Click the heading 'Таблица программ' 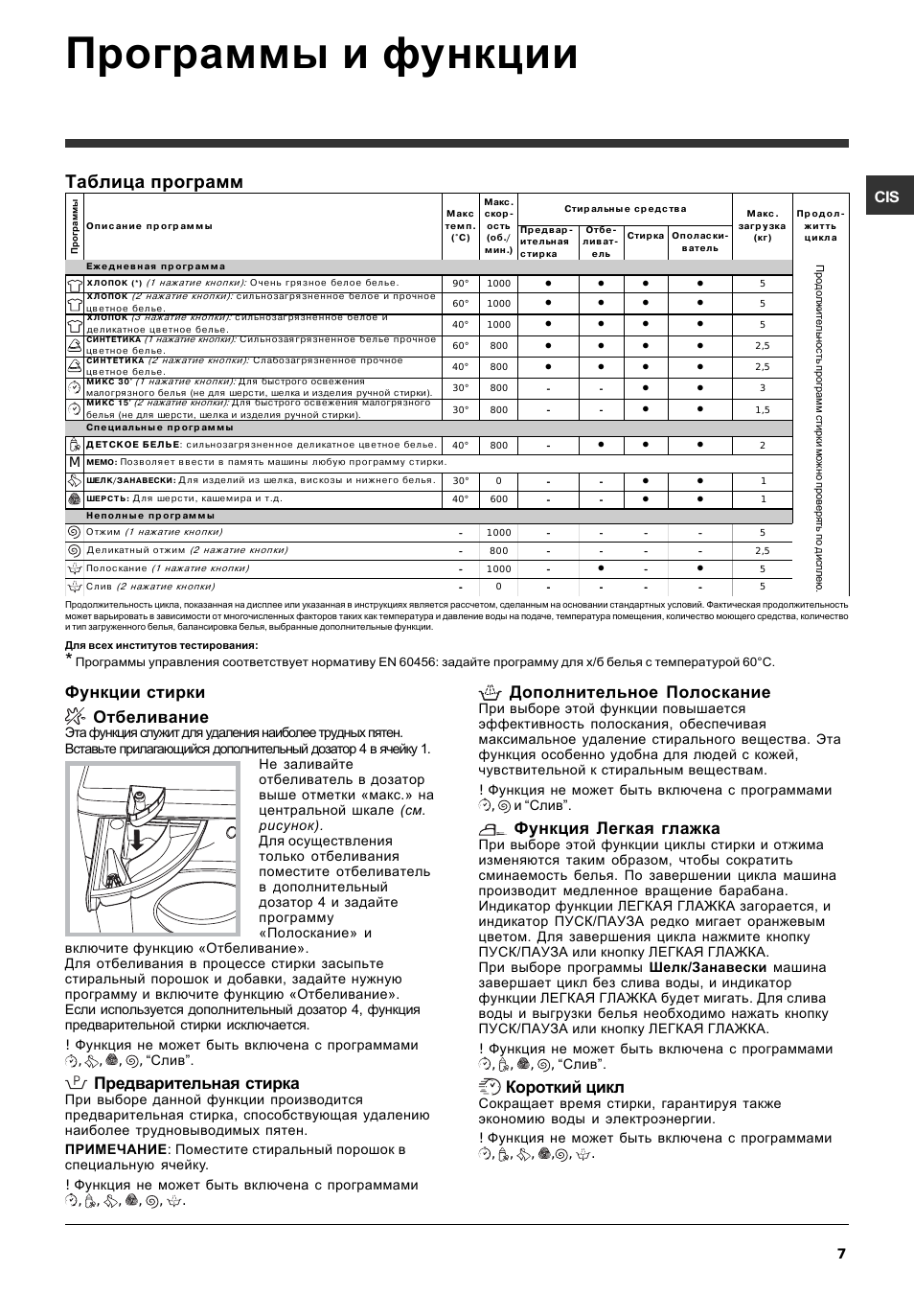tap(154, 182)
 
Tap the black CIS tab tap(887, 196)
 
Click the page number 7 tap(841, 1254)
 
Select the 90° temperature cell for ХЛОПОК tap(461, 284)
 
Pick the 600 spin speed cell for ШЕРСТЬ tap(498, 499)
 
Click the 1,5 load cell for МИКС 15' tap(763, 410)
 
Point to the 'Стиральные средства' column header tap(625, 209)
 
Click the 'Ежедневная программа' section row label tap(155, 267)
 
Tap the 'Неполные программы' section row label tap(150, 516)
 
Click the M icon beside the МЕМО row tap(74, 462)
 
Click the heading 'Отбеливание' tap(150, 717)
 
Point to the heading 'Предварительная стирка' tap(196, 1083)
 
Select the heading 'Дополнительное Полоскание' tap(639, 692)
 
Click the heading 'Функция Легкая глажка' tap(616, 828)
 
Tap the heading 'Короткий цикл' tap(564, 1087)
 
